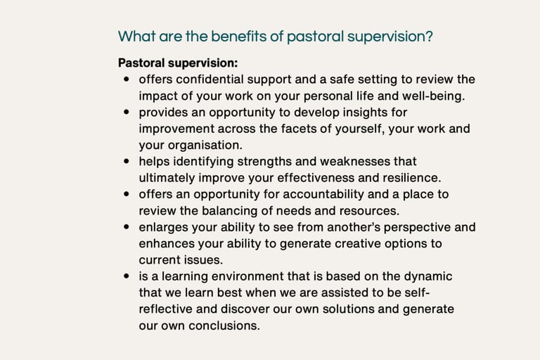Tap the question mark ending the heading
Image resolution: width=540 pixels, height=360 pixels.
point(429,36)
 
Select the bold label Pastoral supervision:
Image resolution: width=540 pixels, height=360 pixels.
point(178,63)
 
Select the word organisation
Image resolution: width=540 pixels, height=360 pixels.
point(205,146)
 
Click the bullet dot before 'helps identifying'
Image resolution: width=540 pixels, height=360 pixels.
point(127,161)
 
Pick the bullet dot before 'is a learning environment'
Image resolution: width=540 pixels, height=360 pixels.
point(127,276)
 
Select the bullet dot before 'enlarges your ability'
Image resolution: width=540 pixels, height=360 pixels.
point(127,226)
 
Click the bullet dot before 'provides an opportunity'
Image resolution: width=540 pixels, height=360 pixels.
point(127,112)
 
